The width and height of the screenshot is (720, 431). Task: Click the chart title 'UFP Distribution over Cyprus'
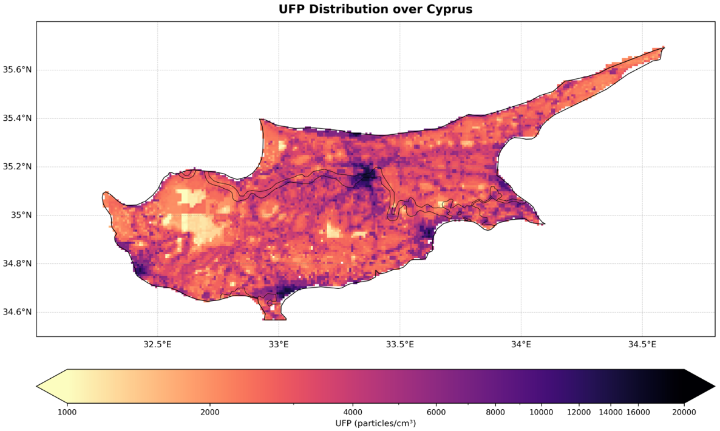[375, 9]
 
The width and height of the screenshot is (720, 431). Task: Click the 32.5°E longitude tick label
[157, 345]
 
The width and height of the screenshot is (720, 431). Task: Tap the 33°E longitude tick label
[279, 345]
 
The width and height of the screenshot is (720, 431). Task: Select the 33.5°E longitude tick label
[400, 345]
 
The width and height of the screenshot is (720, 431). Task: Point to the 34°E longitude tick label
[521, 345]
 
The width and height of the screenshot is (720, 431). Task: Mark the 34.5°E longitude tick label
[642, 345]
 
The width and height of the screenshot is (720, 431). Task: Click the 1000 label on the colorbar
[67, 412]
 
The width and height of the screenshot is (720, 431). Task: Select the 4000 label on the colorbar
[353, 412]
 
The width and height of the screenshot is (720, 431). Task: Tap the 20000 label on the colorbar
[684, 412]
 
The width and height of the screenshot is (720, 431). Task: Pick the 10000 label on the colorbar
[541, 412]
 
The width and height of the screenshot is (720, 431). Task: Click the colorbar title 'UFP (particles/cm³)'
[375, 423]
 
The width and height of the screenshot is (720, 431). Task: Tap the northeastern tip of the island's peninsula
[664, 47]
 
